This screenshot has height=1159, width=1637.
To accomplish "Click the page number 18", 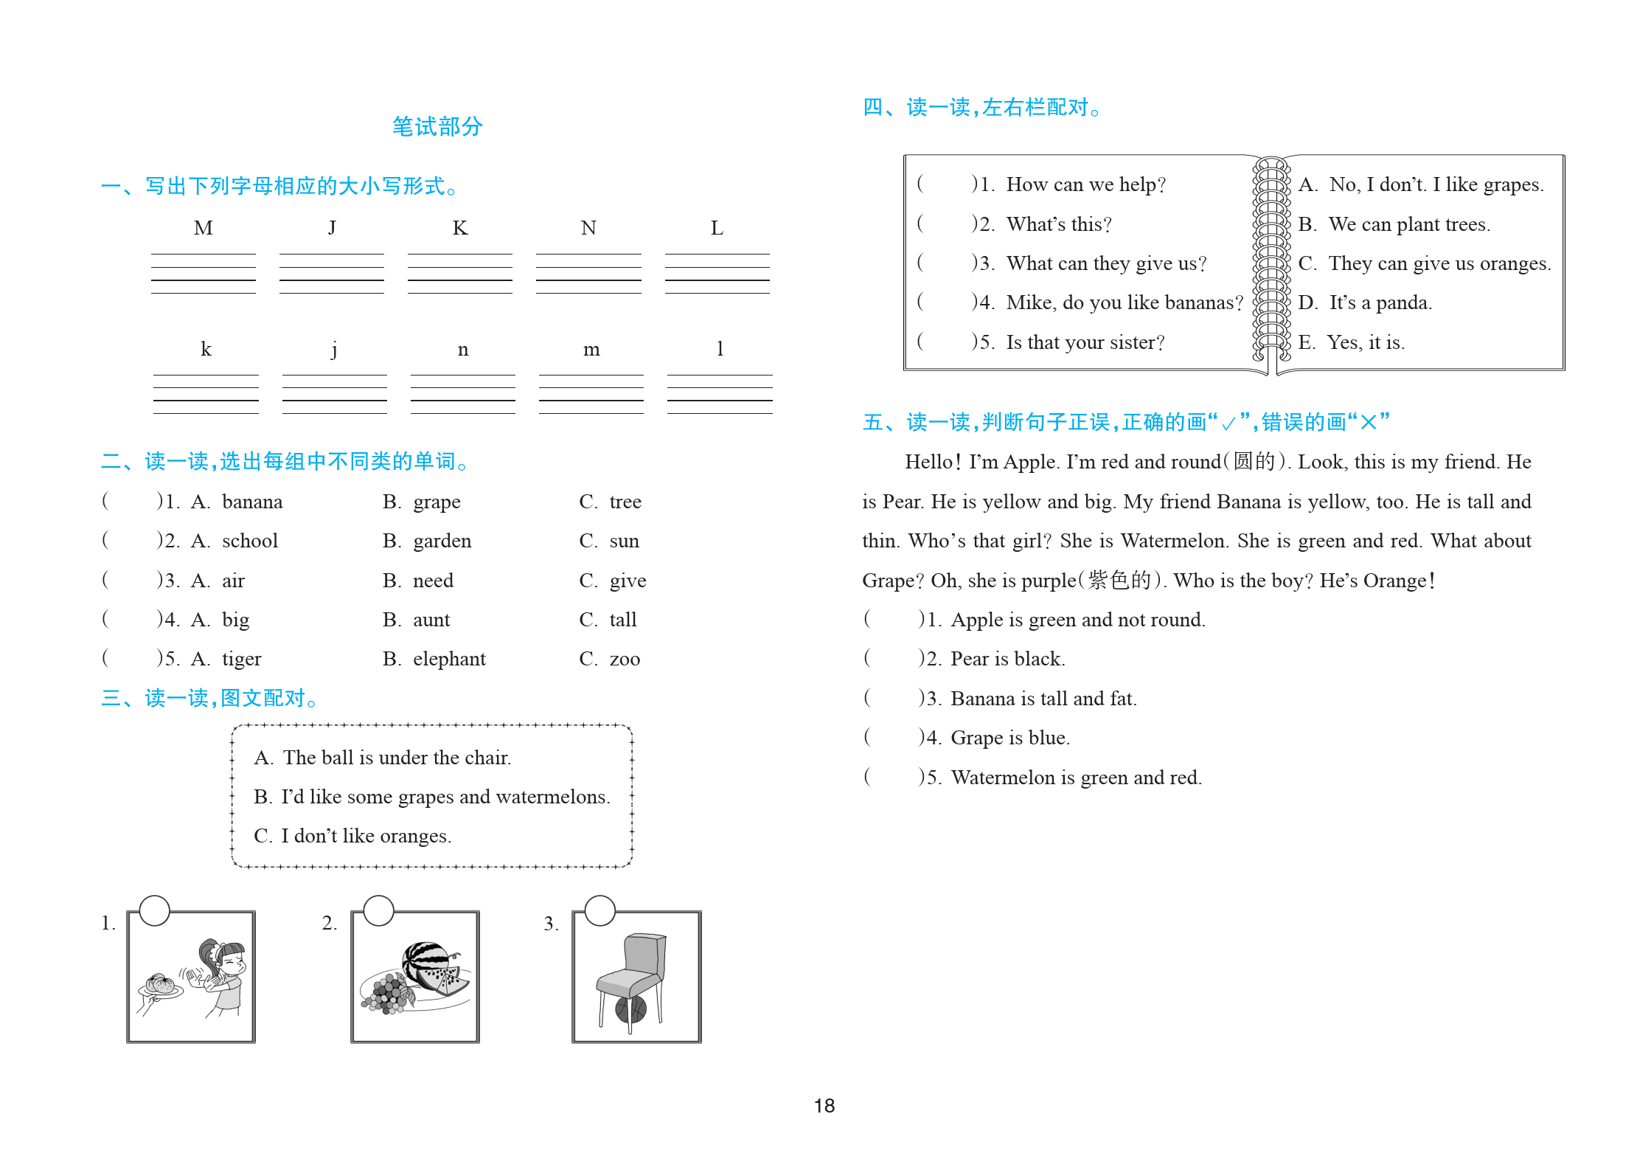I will click(x=824, y=1105).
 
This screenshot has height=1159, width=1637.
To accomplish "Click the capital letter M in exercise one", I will click(x=203, y=228).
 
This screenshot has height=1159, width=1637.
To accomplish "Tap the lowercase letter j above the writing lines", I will click(x=334, y=349).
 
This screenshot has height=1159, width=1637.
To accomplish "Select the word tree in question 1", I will click(x=625, y=502).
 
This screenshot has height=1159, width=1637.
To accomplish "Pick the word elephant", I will click(x=448, y=659).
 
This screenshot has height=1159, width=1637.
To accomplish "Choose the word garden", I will click(x=442, y=541).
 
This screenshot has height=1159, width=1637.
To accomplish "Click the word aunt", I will click(x=431, y=620).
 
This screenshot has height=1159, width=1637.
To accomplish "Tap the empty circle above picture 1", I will click(x=155, y=910).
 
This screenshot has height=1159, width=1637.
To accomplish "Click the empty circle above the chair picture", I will click(x=599, y=910).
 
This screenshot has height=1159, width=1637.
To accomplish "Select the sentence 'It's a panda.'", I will click(x=1380, y=302).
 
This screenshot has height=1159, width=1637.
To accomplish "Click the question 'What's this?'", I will click(x=1058, y=224).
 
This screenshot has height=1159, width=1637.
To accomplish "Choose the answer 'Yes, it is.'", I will click(x=1365, y=342).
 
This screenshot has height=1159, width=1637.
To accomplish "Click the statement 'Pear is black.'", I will click(x=1007, y=659).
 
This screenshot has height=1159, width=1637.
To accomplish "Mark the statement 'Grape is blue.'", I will click(x=1009, y=738).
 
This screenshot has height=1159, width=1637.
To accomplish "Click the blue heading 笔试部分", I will click(x=437, y=126).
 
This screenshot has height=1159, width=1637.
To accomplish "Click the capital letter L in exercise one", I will click(x=717, y=228).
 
